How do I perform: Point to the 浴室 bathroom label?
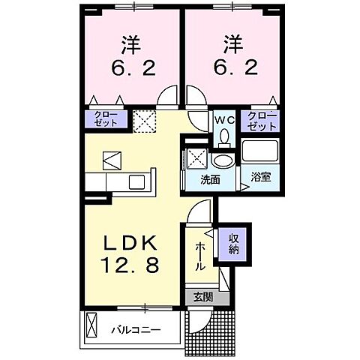(261, 177)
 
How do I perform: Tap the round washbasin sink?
(222, 160)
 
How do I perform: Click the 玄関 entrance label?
(202, 297)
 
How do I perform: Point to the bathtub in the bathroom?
(259, 151)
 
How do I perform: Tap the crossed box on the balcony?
(91, 327)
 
